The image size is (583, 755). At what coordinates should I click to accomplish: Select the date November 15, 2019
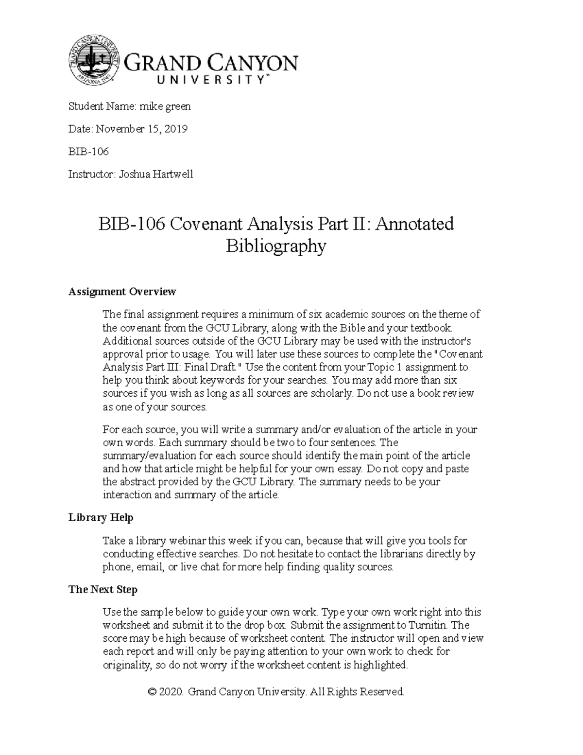[141, 129]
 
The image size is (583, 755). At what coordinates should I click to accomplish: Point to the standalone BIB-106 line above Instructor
[88, 152]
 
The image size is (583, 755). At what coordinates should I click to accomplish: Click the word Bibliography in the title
[276, 246]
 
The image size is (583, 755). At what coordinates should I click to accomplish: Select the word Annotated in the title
[415, 224]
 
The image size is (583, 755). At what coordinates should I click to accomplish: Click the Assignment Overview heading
[122, 292]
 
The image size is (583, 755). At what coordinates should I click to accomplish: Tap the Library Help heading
[101, 518]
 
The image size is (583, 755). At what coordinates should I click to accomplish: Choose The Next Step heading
[103, 590]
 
